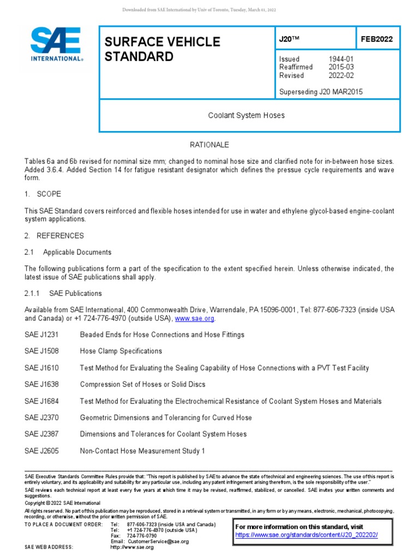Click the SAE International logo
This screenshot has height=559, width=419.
tap(56, 45)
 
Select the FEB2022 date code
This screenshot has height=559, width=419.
tap(376, 39)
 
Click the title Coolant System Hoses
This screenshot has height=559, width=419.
tap(247, 116)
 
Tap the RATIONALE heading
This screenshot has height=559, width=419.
tap(209, 145)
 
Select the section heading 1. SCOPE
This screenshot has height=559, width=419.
tap(43, 194)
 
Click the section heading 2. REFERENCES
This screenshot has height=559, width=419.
tap(54, 236)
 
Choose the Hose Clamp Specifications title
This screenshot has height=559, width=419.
tap(121, 351)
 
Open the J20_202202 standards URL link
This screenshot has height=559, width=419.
tap(306, 535)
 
